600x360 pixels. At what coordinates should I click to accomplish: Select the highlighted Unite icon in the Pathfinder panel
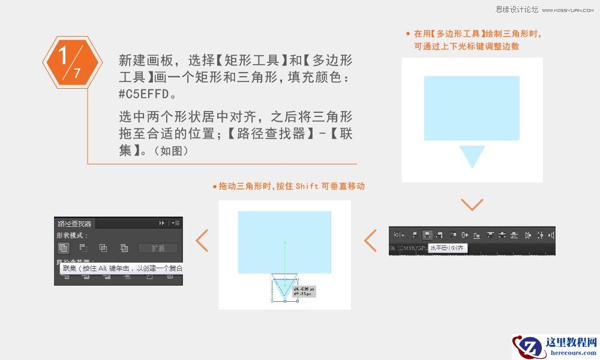point(63,248)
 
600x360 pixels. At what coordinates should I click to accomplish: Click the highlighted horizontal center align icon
point(427,235)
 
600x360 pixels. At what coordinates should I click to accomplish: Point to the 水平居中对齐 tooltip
point(448,247)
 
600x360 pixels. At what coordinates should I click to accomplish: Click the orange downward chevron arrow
point(472,205)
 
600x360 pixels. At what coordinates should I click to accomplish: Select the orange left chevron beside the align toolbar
point(371,240)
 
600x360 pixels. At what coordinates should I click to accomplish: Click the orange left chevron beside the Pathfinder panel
point(202,240)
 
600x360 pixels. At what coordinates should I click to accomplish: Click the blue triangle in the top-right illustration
point(472,155)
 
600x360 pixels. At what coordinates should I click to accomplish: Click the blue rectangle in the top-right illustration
point(472,108)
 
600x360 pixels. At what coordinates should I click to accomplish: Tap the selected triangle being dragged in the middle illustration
point(284,284)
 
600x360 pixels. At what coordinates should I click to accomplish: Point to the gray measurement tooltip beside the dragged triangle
point(304,292)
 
